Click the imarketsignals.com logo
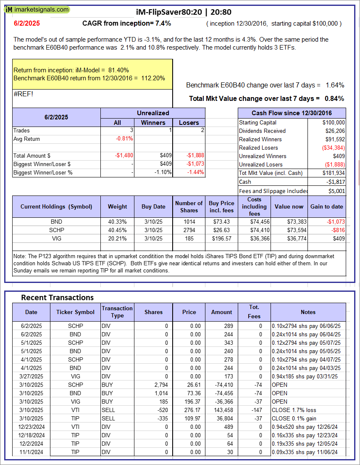click(35, 9)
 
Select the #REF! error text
click(24, 94)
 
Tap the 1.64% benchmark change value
click(335, 85)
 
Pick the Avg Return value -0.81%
click(124, 139)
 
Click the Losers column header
click(189, 122)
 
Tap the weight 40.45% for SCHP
click(117, 230)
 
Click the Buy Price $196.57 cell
click(222, 238)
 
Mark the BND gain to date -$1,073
click(331, 222)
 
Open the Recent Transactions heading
click(57, 298)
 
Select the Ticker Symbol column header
click(76, 312)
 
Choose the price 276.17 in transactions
click(189, 410)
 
